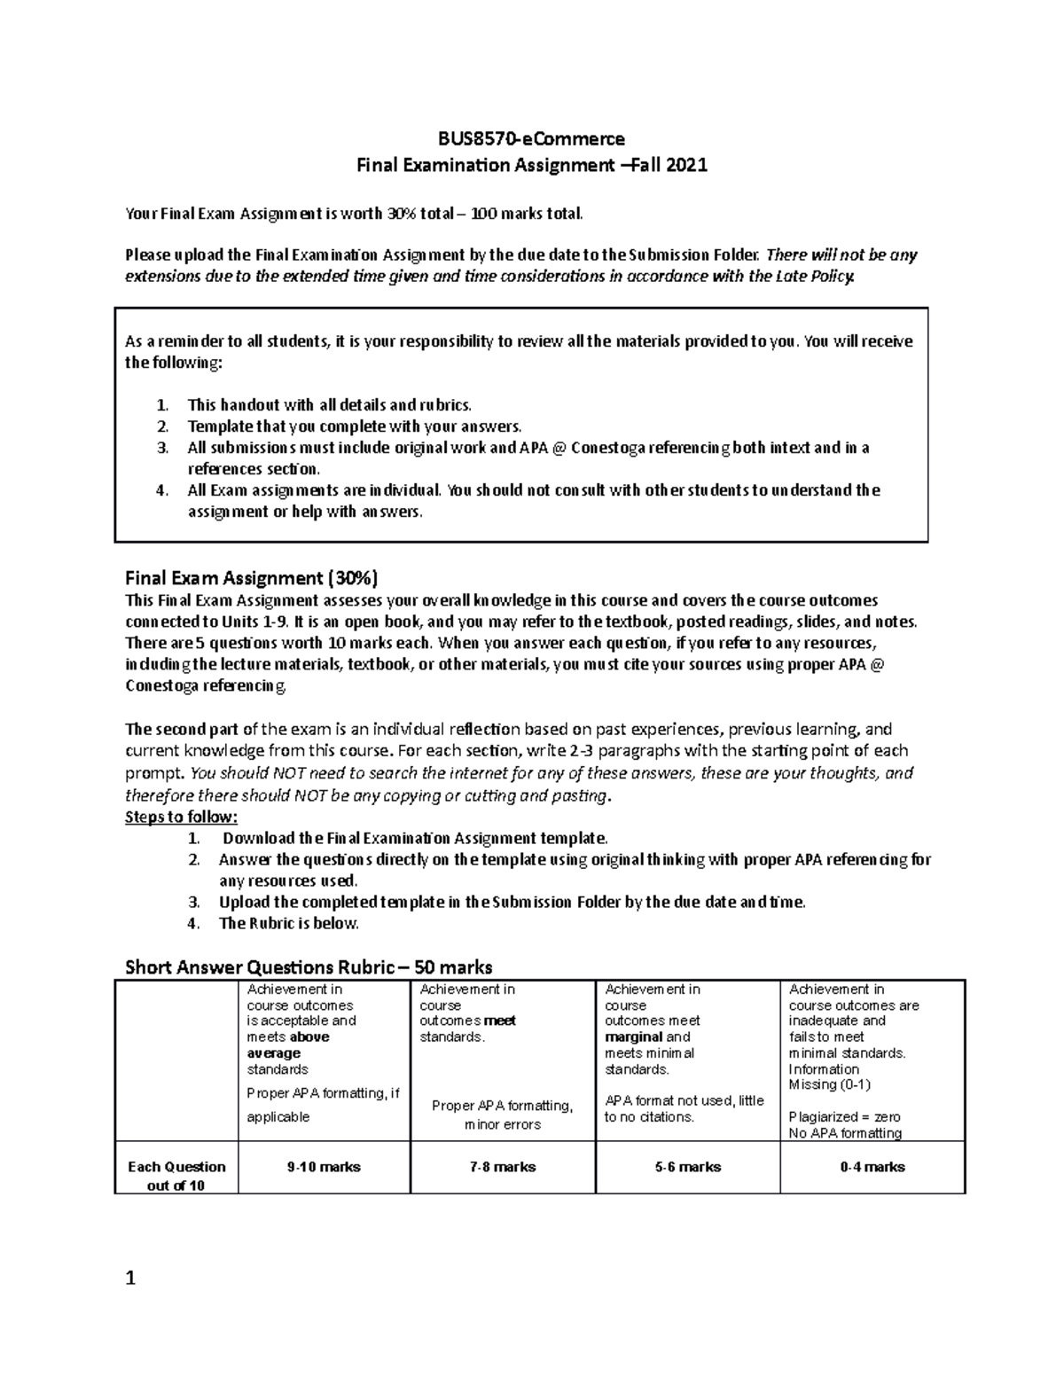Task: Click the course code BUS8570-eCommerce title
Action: click(x=531, y=138)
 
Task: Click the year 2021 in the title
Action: click(x=686, y=165)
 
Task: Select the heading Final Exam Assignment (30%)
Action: click(x=252, y=579)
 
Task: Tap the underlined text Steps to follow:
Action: click(x=182, y=817)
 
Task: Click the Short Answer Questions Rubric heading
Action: click(x=309, y=966)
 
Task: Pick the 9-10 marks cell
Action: click(x=324, y=1167)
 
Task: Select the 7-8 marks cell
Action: click(x=503, y=1167)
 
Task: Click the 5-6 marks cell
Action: click(x=688, y=1167)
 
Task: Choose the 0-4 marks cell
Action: click(x=872, y=1167)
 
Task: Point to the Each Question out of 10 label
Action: click(x=176, y=1176)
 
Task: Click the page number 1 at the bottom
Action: click(x=130, y=1279)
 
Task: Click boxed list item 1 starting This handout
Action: click(x=329, y=405)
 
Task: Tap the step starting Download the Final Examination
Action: click(x=415, y=838)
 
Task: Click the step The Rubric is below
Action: click(x=289, y=923)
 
